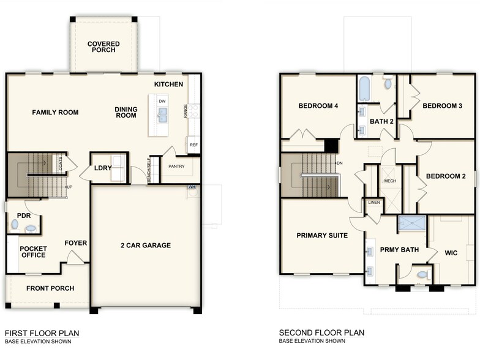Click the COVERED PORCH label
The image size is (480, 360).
tap(103, 48)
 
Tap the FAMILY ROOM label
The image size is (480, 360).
tap(55, 112)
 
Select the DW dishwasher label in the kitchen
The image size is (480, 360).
tap(162, 101)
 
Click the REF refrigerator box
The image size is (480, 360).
tap(193, 145)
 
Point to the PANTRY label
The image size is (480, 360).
tap(177, 166)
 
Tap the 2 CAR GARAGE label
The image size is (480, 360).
tap(146, 246)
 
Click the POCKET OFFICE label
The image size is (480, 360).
tap(33, 252)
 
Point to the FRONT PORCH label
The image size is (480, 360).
tap(50, 288)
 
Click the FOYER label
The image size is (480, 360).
tap(76, 243)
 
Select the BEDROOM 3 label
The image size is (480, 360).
tap(442, 106)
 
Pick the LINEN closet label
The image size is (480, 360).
tap(373, 203)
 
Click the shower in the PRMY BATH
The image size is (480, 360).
tap(411, 223)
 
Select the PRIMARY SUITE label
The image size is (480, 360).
tap(322, 236)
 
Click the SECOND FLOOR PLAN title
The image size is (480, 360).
tap(321, 333)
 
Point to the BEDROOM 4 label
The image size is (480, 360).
tap(318, 106)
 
